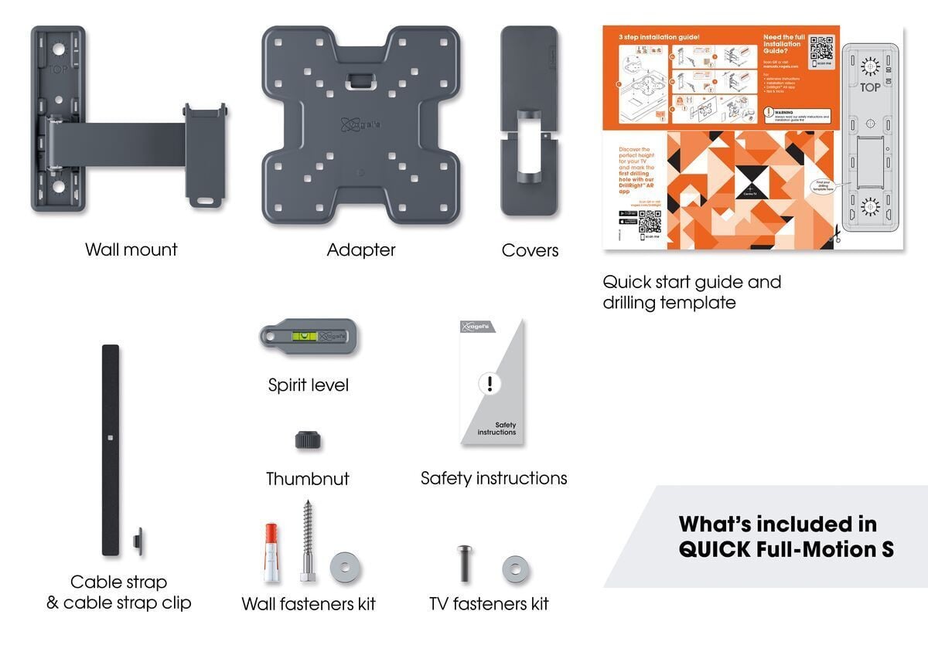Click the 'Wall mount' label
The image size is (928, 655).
pyautogui.click(x=131, y=249)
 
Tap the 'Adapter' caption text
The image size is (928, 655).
pyautogui.click(x=361, y=249)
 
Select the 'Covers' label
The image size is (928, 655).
pyautogui.click(x=530, y=249)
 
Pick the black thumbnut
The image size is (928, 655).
pyautogui.click(x=308, y=440)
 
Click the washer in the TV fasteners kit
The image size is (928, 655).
pyautogui.click(x=516, y=570)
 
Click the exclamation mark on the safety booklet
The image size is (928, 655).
pyautogui.click(x=490, y=383)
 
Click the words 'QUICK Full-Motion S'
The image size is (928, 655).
pyautogui.click(x=786, y=549)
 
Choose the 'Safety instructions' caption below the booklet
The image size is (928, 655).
pyautogui.click(x=493, y=479)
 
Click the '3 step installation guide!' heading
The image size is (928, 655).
pyautogui.click(x=659, y=37)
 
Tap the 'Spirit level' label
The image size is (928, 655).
pyautogui.click(x=308, y=385)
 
